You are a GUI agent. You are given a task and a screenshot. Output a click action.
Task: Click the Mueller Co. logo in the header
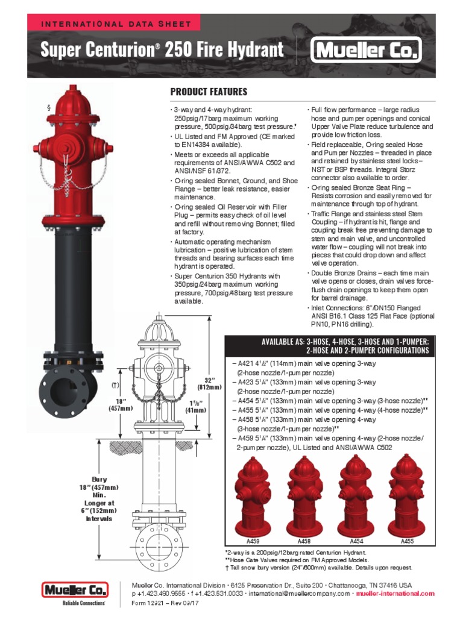point(366,51)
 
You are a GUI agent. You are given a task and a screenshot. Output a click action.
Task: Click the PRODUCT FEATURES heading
point(209,92)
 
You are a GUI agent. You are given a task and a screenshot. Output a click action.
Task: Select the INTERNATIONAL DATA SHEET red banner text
point(116,25)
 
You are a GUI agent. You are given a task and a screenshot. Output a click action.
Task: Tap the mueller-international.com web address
point(395,594)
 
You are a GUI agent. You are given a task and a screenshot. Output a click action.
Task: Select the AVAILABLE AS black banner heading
point(345,345)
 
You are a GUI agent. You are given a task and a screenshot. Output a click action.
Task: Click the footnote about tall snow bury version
point(318,568)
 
